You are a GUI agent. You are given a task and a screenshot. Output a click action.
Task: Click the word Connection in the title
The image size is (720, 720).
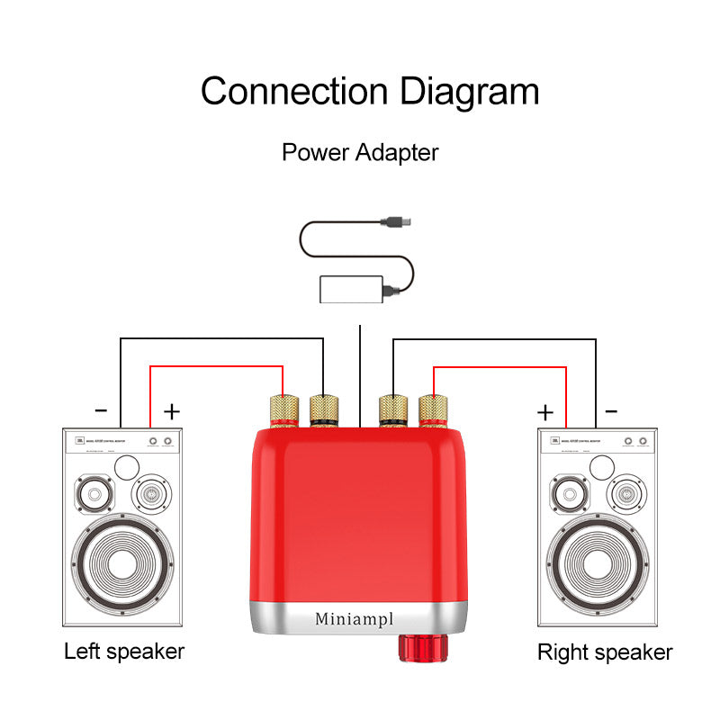(294, 92)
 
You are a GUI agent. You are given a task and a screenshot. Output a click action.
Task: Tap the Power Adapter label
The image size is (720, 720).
(360, 152)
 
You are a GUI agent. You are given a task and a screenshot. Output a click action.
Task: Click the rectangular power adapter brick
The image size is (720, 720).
(351, 289)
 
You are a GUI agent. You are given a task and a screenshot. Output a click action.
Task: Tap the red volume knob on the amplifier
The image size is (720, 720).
(424, 649)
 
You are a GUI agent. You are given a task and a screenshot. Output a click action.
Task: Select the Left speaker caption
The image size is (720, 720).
(124, 651)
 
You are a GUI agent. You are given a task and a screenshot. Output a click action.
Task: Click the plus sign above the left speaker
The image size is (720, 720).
(172, 411)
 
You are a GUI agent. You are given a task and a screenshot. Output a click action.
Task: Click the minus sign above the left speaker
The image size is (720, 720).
(101, 411)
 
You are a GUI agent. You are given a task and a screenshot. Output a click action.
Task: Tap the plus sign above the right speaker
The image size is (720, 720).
(545, 412)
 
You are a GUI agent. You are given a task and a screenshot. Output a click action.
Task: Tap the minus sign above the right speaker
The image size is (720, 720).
(612, 411)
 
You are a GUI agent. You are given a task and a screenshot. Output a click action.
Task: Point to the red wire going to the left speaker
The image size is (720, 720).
(216, 366)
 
